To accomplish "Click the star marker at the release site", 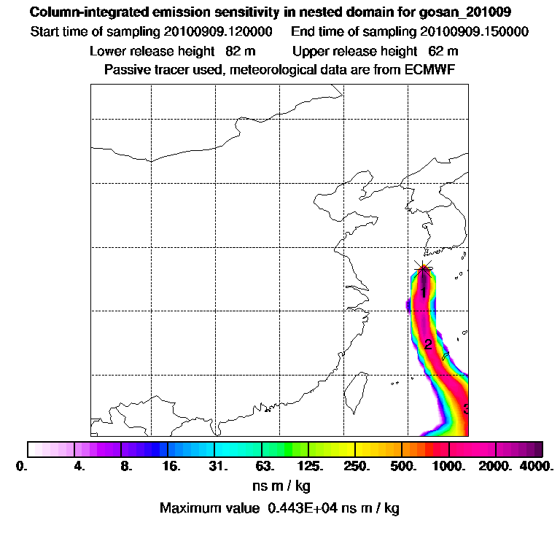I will [423, 268].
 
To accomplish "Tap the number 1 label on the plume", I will [423, 292].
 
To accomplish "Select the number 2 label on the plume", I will [428, 345].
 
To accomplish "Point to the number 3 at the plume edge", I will [465, 408].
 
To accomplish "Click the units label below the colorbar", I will [280, 486].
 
